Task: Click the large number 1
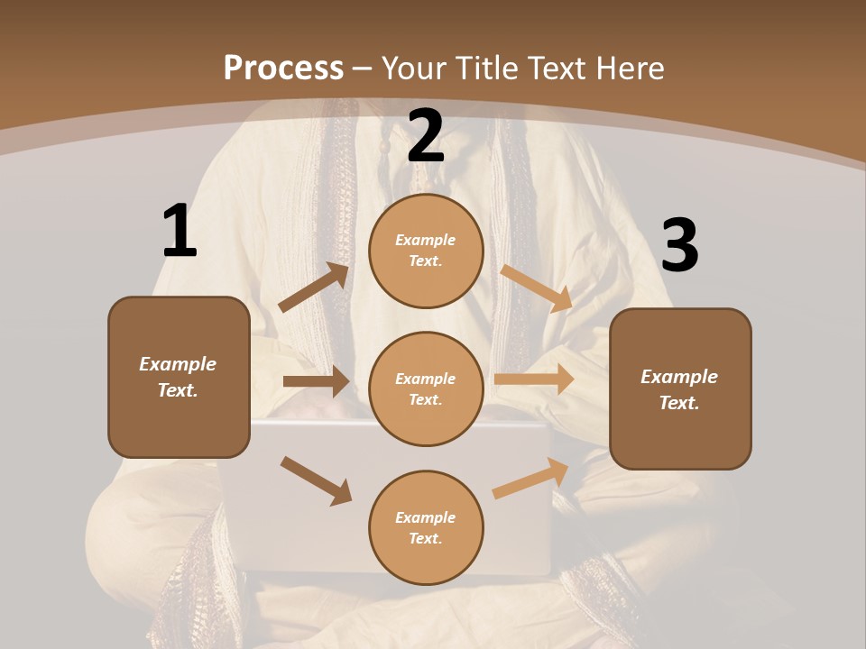[x=180, y=232]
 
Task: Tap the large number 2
[x=426, y=136]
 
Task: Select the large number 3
[x=679, y=246]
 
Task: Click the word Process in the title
[x=283, y=68]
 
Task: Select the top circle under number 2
[x=426, y=251]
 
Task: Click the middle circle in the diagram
[x=426, y=388]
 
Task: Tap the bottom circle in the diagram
[x=426, y=527]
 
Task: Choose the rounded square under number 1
[x=179, y=377]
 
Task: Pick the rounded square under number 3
[x=680, y=389]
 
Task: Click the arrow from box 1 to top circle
[x=314, y=288]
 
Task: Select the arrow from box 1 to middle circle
[x=316, y=381]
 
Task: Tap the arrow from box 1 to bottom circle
[x=316, y=480]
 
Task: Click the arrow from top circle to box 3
[x=537, y=288]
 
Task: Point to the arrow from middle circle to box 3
[x=534, y=379]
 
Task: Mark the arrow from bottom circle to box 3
[x=531, y=479]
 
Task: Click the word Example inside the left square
[x=178, y=364]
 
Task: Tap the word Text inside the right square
[x=678, y=403]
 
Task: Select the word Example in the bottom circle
[x=426, y=517]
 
